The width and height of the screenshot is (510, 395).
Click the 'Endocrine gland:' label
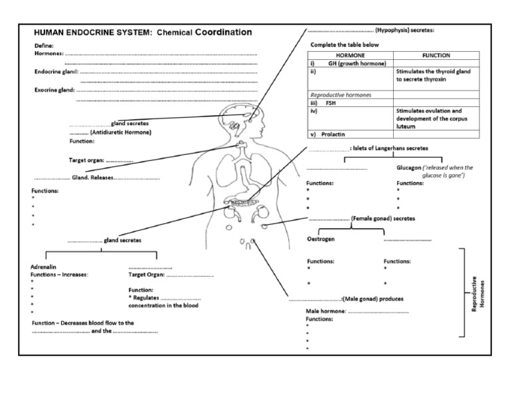coord(56,72)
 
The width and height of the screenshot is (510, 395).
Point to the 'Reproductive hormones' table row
coord(341,95)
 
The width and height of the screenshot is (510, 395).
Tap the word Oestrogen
coord(321,239)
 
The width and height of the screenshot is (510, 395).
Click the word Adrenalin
coord(44,266)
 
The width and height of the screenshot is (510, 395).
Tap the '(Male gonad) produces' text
coord(373,299)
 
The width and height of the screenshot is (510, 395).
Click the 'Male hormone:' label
coord(325,311)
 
